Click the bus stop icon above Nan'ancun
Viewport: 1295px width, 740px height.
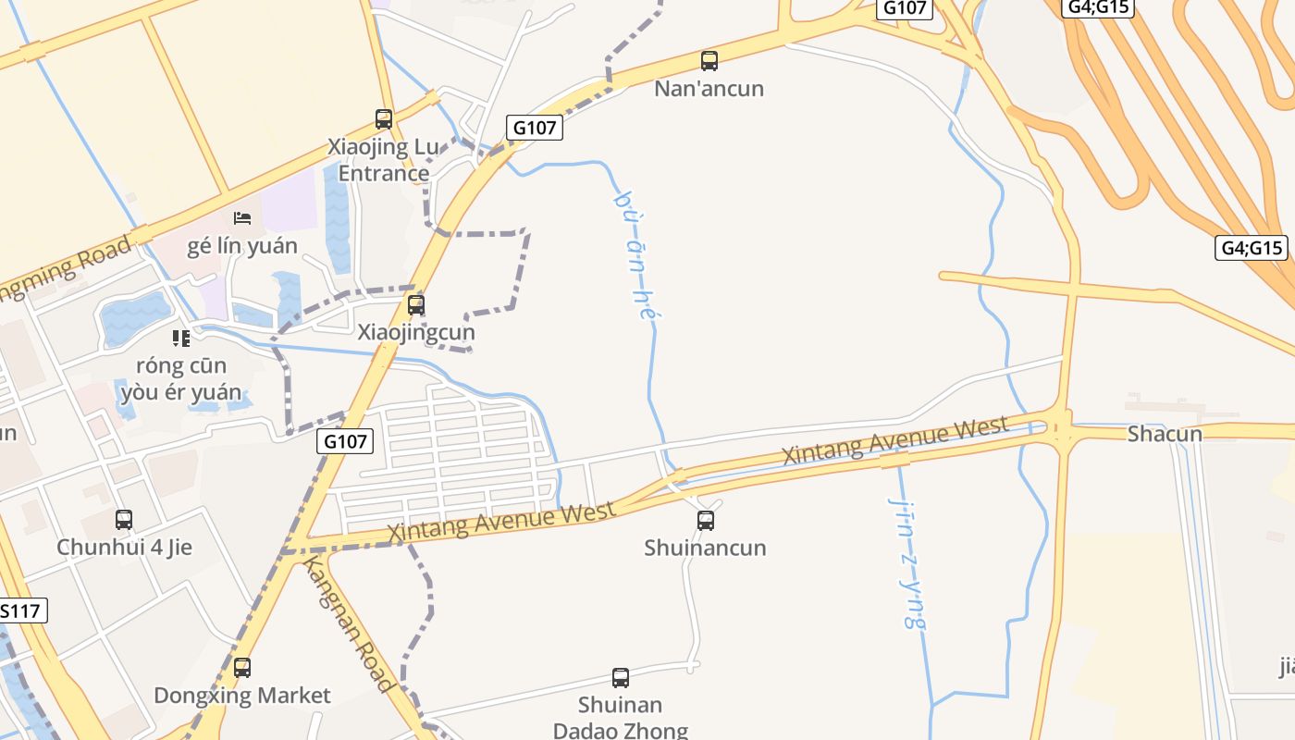[709, 61]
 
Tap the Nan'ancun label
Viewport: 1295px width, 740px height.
[709, 89]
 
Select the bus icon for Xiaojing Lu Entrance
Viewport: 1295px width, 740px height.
[384, 118]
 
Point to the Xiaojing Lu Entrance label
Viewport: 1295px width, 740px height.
[383, 160]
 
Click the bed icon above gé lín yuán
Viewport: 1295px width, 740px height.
[242, 218]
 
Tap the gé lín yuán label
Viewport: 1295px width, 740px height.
[242, 246]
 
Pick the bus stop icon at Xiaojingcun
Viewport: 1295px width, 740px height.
[416, 304]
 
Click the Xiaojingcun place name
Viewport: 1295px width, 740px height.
[416, 332]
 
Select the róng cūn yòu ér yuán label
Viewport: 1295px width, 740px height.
[180, 378]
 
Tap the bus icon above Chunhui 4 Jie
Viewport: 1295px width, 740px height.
[124, 520]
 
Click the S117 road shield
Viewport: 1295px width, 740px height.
[20, 610]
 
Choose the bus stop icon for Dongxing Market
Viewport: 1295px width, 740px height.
[242, 667]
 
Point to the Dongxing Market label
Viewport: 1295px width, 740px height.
[242, 696]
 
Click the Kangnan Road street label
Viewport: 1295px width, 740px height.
[350, 624]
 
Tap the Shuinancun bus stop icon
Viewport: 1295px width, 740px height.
[706, 520]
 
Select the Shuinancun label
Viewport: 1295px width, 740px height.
[706, 548]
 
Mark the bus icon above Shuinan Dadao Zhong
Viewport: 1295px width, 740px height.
[621, 677]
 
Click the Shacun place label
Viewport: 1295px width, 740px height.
[1165, 434]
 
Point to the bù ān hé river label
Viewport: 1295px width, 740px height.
[635, 255]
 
